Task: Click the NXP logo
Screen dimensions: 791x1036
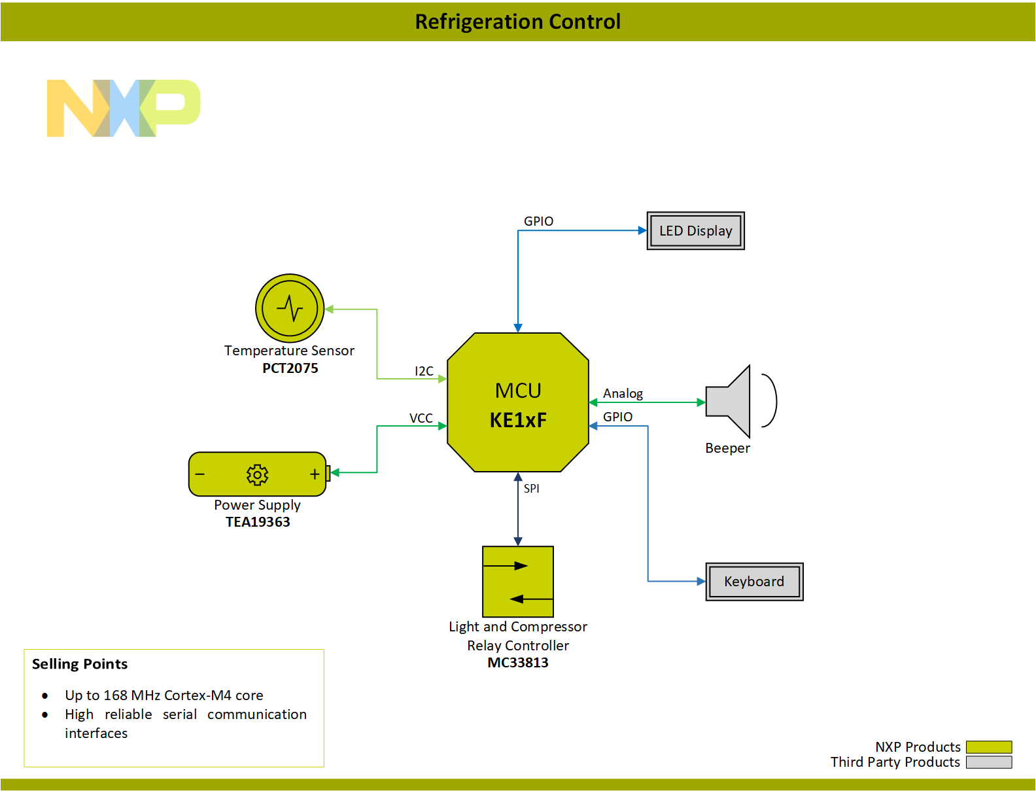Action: point(123,108)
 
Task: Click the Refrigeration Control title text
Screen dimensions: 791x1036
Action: point(517,22)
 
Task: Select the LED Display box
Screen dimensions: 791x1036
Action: point(695,231)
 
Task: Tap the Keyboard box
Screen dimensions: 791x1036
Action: point(754,582)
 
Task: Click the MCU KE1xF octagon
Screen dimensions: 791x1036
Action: point(517,403)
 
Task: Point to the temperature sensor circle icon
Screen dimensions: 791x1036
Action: point(290,308)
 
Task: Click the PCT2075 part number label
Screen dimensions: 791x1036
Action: point(290,368)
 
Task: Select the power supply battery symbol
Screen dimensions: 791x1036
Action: point(258,474)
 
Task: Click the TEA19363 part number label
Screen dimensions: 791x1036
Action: point(258,522)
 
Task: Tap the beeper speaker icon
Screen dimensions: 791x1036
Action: point(729,401)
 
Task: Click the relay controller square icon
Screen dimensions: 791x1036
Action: point(517,582)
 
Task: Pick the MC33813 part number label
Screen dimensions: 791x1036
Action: point(517,663)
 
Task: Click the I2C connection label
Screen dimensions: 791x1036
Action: point(424,371)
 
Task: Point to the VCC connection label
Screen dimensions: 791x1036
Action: point(421,418)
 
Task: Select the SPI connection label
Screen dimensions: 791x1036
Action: point(531,488)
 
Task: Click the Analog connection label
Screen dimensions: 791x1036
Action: point(623,393)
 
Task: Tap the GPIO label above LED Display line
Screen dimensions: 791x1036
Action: point(538,221)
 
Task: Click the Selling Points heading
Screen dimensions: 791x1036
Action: point(80,664)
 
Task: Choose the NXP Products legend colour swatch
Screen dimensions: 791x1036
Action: point(988,747)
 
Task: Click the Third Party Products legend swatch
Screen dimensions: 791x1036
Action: point(988,762)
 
